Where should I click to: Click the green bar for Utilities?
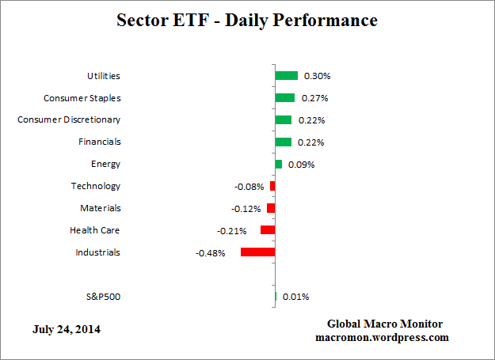pos(286,76)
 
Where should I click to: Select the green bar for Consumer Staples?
pos(284,98)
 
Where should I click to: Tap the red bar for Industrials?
pos(257,252)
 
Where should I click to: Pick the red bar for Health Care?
pos(268,230)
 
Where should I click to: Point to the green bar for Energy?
pos(278,165)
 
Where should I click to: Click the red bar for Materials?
pos(271,208)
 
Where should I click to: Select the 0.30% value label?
pos(317,77)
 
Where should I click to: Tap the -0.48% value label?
pos(210,253)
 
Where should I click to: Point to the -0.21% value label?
pos(232,231)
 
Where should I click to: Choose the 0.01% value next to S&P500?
pos(295,297)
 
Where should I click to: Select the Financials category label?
pos(99,142)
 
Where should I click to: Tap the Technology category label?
pos(95,186)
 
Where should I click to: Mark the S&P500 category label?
pos(103,297)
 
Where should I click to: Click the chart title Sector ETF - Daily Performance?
pos(247,20)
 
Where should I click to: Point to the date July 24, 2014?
pos(67,328)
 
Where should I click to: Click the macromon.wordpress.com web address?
pos(385,337)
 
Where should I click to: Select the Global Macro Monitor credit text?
pos(385,324)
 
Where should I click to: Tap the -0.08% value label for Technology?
pos(249,187)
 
